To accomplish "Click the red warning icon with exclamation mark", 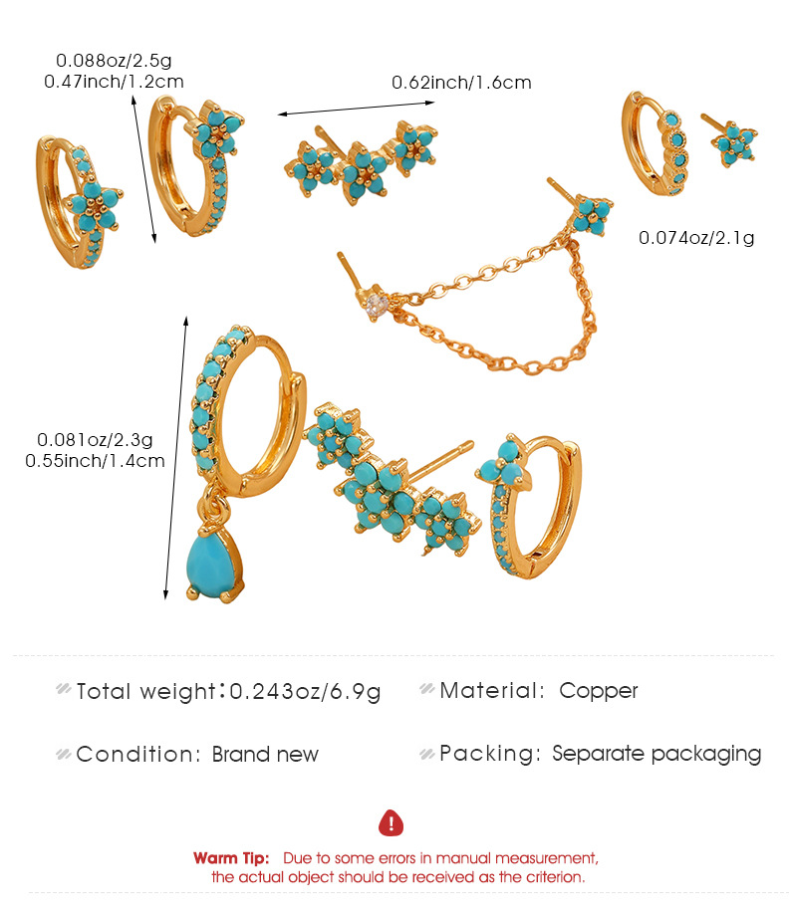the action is pos(393,822).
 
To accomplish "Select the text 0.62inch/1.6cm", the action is pos(461,83).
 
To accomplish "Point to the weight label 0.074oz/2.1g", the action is pos(696,237).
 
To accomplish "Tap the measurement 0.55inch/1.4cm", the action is pos(95,460).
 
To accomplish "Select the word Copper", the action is pos(599,691).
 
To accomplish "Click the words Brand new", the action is pos(265,754).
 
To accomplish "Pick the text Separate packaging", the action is pos(657,754).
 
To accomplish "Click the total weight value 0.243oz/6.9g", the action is pos(306,691).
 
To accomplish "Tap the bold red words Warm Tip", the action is pos(231,857).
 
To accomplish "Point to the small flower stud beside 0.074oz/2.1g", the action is pos(735,143).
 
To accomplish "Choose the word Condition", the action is pos(137,754).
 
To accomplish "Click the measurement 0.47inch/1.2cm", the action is pos(114,82).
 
